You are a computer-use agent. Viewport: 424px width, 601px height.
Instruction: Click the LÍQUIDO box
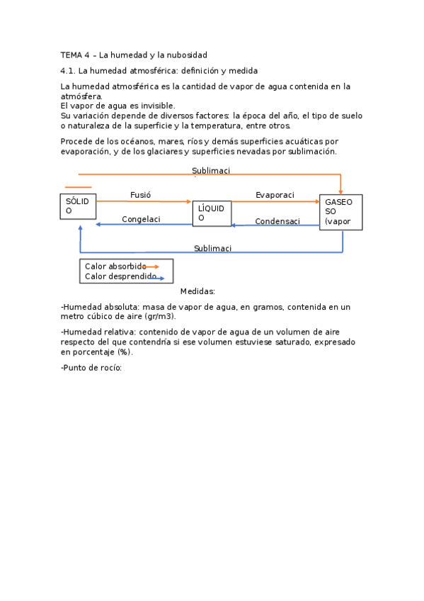tap(212, 213)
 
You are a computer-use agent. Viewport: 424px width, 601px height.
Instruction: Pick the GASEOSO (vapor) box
tap(340, 212)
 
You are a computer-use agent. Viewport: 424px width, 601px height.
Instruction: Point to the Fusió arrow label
tap(141, 195)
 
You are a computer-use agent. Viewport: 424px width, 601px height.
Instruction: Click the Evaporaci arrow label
tap(275, 195)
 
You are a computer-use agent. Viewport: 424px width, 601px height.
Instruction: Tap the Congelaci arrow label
tap(141, 219)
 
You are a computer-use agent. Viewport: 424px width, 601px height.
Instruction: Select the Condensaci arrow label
tap(277, 221)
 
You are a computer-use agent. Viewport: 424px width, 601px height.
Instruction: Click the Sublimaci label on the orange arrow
tap(211, 170)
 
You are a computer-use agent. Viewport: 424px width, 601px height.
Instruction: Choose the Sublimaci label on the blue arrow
tap(212, 248)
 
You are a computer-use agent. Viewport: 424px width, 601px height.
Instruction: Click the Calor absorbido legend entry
tap(115, 266)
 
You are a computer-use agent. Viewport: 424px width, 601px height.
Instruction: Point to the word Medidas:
tap(197, 291)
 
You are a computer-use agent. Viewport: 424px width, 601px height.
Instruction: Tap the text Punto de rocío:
tap(92, 367)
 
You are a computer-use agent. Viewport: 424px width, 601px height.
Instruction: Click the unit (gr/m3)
tap(161, 316)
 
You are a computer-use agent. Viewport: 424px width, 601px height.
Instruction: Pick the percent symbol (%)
tap(125, 352)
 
